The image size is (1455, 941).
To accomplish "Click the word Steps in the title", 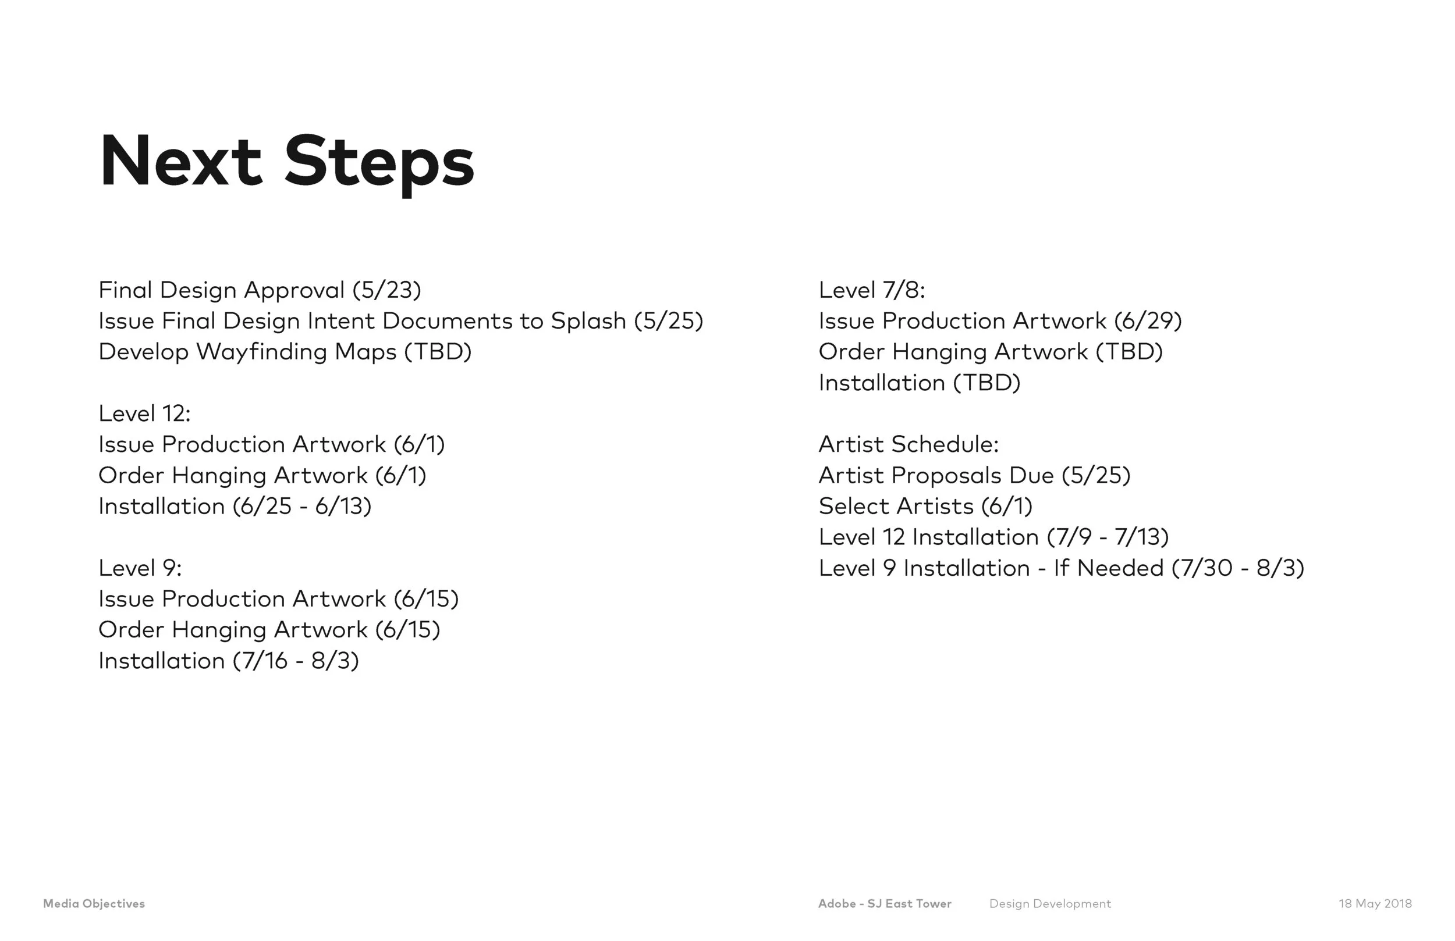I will click(x=379, y=162).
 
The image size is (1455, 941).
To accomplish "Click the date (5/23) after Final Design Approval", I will click(x=387, y=290).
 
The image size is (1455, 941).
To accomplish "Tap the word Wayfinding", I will click(x=261, y=352).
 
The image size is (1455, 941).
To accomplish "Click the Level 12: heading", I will click(x=144, y=414).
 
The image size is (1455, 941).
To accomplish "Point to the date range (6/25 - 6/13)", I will click(x=302, y=507).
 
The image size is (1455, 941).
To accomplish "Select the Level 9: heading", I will click(x=140, y=568).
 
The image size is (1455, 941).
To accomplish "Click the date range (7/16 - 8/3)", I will click(x=296, y=661).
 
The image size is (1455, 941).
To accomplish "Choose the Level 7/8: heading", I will click(x=872, y=290).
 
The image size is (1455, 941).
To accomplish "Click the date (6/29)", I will click(x=1148, y=322).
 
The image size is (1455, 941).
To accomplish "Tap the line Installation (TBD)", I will click(x=920, y=383).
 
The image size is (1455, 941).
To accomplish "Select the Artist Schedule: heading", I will click(x=909, y=445).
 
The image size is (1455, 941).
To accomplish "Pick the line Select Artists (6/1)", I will click(x=925, y=507).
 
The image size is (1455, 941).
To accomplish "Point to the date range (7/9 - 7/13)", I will click(x=1108, y=538).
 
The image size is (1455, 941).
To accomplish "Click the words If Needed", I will click(x=1108, y=569).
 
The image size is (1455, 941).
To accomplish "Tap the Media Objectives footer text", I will click(x=94, y=904).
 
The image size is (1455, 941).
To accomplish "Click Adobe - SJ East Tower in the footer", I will click(x=885, y=904).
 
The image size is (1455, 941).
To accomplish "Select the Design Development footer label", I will click(x=1050, y=904).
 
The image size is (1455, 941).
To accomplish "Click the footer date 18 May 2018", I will click(x=1375, y=904).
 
